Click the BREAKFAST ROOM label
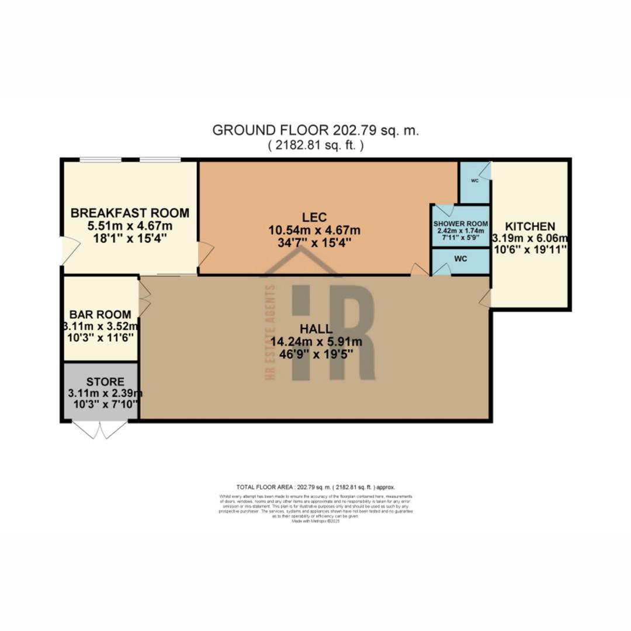tap(130, 213)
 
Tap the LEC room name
tap(314, 217)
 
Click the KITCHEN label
tap(530, 226)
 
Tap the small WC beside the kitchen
tap(475, 181)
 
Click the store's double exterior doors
tap(100, 430)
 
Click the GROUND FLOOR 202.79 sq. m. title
tap(315, 130)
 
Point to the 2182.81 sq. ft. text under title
tap(315, 145)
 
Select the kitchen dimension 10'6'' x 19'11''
tap(530, 249)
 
